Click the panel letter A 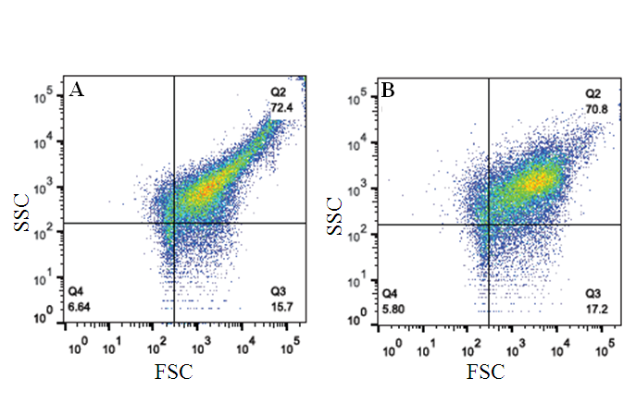[77, 90]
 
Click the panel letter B [389, 90]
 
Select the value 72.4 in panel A [281, 108]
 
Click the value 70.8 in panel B [595, 108]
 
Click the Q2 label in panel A [280, 92]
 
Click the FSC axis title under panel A [175, 372]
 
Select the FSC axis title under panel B [489, 372]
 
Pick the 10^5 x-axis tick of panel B [606, 348]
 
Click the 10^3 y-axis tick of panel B [357, 190]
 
